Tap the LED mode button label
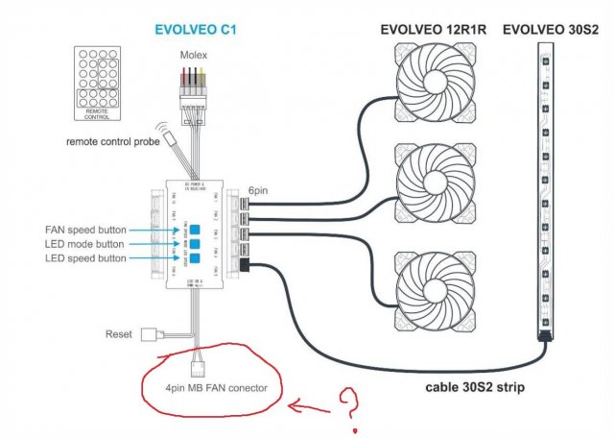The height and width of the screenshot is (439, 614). coord(86,245)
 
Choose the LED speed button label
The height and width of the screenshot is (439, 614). coord(86,259)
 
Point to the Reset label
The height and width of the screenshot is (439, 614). coord(119,334)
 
